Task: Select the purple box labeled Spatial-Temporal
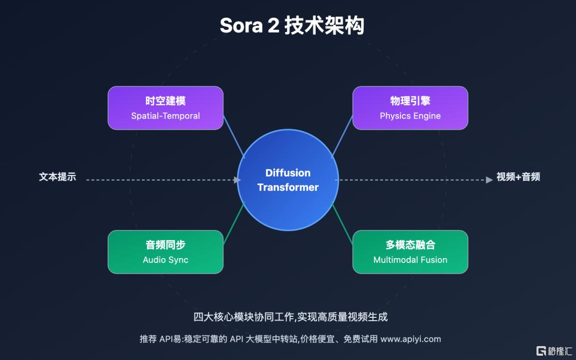(165, 108)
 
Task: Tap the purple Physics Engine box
(410, 108)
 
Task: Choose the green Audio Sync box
(165, 252)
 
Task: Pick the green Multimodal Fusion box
(410, 252)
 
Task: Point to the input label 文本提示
(58, 177)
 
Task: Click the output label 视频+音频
(518, 177)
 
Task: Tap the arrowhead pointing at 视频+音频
(489, 180)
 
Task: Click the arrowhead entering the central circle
(237, 180)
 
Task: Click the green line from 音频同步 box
(234, 225)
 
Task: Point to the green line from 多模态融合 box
(342, 225)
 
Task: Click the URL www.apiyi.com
(411, 339)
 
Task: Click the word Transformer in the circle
(288, 187)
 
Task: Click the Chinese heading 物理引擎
(410, 101)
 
